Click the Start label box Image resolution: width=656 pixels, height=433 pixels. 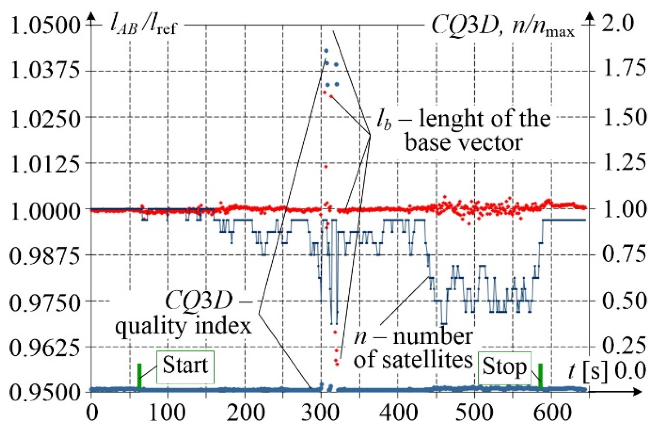[x=185, y=367]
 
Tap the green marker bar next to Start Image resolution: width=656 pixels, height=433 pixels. [x=140, y=376]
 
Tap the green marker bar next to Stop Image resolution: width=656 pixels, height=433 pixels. [x=540, y=376]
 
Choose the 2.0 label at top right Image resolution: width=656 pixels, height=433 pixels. [x=618, y=24]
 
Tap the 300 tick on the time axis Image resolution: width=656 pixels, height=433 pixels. [x=321, y=412]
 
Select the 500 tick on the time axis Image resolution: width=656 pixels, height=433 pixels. [x=474, y=412]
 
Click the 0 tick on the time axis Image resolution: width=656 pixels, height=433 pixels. [x=92, y=412]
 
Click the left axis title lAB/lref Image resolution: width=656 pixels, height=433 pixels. [x=143, y=26]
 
